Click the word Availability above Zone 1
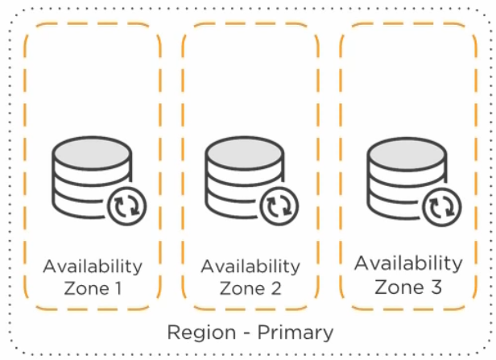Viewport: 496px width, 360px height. coord(93,267)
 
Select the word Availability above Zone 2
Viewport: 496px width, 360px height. coord(250,267)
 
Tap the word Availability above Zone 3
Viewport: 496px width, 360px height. coord(408,263)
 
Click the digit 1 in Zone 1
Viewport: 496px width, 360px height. coord(118,288)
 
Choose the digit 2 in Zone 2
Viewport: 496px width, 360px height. coord(275,288)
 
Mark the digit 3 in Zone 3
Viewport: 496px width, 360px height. coord(435,285)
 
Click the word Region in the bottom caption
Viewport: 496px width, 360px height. coord(194,332)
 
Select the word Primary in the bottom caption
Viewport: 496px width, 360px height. coord(292,332)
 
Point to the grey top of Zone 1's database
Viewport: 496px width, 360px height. coord(90,152)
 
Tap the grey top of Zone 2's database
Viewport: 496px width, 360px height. coord(242,152)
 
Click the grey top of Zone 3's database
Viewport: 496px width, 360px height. coord(402,152)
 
